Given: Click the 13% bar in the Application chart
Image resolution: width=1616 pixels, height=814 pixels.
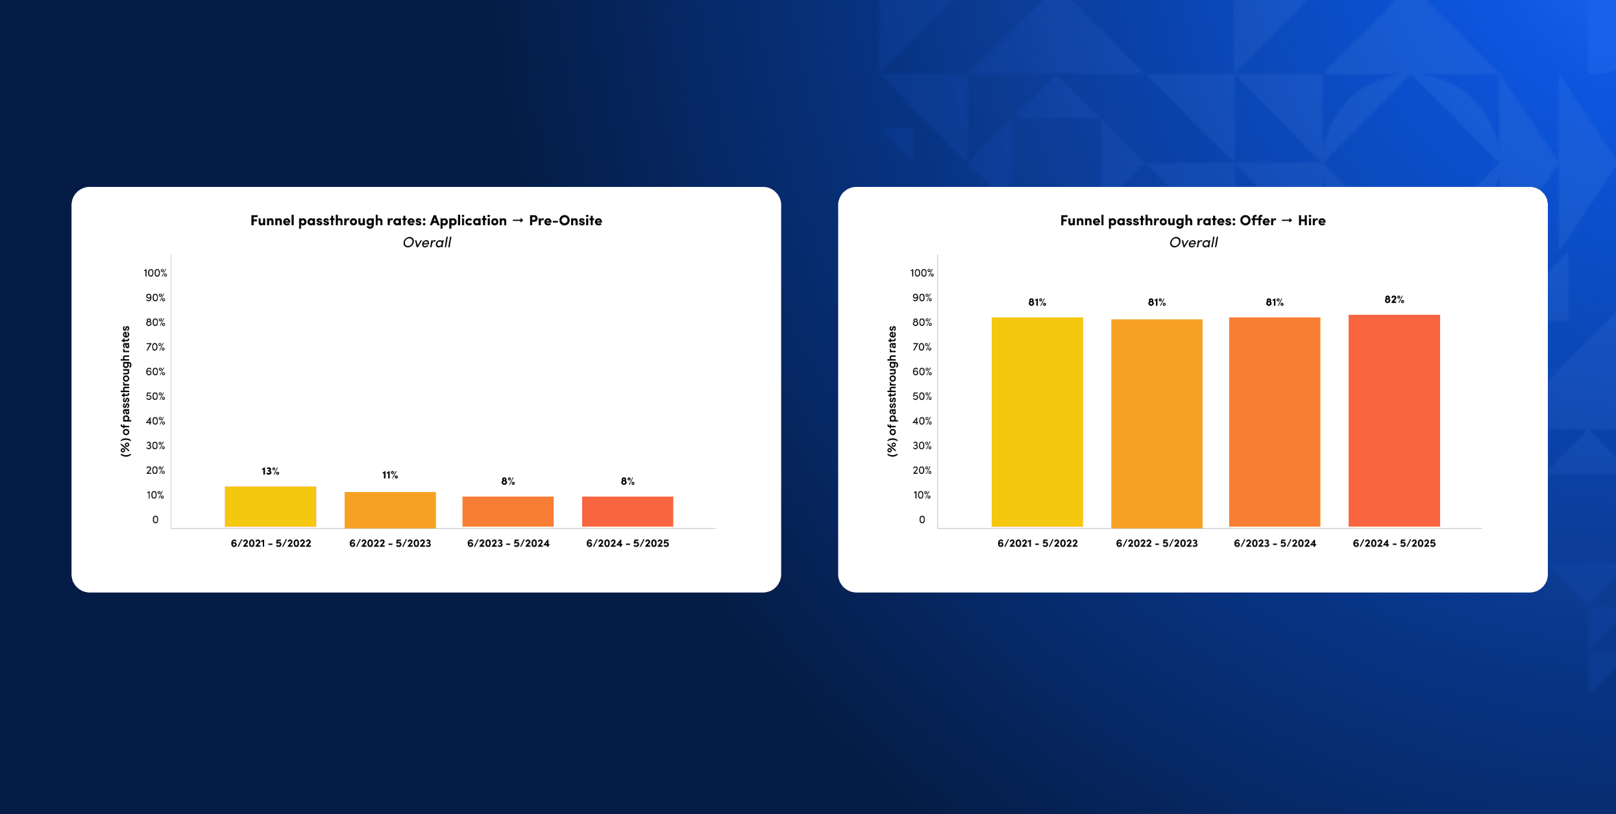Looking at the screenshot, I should tap(270, 506).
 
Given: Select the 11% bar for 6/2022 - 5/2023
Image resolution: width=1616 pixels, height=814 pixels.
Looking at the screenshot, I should tap(389, 510).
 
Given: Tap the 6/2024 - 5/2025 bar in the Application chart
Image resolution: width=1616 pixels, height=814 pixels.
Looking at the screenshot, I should tap(627, 512).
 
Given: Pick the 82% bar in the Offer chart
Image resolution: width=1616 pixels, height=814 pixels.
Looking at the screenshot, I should tap(1393, 421).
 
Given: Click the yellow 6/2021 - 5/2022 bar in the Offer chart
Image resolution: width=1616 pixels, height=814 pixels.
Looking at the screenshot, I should tap(1036, 422).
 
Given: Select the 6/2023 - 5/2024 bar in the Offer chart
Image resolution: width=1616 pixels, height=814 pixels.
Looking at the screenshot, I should tap(1274, 422).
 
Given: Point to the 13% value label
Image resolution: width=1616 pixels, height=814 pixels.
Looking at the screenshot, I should tap(270, 471).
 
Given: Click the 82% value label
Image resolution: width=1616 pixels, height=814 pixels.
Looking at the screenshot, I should tap(1393, 299).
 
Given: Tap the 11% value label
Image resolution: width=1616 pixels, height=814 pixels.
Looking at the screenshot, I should tap(389, 475).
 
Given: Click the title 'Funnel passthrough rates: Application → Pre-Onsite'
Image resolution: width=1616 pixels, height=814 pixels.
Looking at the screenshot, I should tap(426, 221).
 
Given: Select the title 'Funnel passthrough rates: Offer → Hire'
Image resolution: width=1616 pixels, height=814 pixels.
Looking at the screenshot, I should tap(1192, 221).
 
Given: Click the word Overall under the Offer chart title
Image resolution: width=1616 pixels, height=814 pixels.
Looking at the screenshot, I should tap(1193, 243).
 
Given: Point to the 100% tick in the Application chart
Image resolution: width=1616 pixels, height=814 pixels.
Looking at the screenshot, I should tap(155, 273).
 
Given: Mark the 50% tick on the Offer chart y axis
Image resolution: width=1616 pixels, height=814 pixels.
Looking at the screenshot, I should tap(922, 397).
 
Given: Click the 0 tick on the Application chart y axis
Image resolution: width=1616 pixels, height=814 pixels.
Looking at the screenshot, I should tap(155, 520).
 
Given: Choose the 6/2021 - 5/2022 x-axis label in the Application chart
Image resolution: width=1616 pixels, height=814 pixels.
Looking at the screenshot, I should tap(271, 543).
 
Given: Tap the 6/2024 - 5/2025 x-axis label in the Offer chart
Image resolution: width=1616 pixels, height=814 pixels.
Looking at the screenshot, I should tap(1393, 543).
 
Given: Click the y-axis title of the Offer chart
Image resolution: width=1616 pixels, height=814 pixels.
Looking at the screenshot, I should tap(892, 391).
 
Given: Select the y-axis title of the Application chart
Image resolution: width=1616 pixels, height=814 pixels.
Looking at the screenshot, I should tap(125, 391).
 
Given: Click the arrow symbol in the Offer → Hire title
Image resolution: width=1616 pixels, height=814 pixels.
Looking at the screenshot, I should tap(1286, 221).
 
